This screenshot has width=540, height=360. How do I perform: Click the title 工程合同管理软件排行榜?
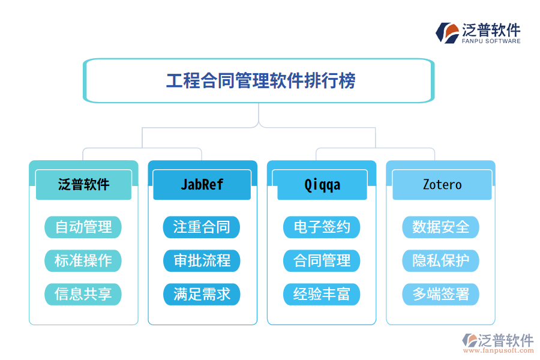[x=260, y=80]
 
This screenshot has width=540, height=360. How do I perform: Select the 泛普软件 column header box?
[x=83, y=184]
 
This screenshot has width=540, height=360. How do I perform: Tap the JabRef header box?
[x=202, y=184]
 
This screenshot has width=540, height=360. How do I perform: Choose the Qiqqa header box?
[x=322, y=184]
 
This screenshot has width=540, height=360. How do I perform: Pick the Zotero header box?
[x=442, y=184]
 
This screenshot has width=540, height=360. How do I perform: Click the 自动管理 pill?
[x=83, y=227]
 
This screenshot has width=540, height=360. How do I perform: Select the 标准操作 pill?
[x=83, y=261]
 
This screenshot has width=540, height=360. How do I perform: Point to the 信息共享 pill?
[x=83, y=295]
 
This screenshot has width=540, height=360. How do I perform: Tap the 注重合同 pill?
[x=202, y=227]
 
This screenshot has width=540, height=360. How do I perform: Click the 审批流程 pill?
[x=202, y=261]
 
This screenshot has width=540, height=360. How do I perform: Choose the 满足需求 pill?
[x=202, y=295]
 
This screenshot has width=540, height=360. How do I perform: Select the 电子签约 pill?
[x=322, y=227]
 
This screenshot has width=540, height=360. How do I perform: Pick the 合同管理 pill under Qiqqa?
[x=322, y=261]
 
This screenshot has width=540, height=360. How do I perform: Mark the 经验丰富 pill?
[x=322, y=295]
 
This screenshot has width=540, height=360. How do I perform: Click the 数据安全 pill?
[x=441, y=227]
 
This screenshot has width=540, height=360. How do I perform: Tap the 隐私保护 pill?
[x=441, y=261]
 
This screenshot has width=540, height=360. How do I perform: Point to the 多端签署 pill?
[x=441, y=295]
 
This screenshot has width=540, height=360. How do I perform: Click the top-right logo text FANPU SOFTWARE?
[x=491, y=41]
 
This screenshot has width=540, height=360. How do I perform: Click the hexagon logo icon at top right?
[x=447, y=32]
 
